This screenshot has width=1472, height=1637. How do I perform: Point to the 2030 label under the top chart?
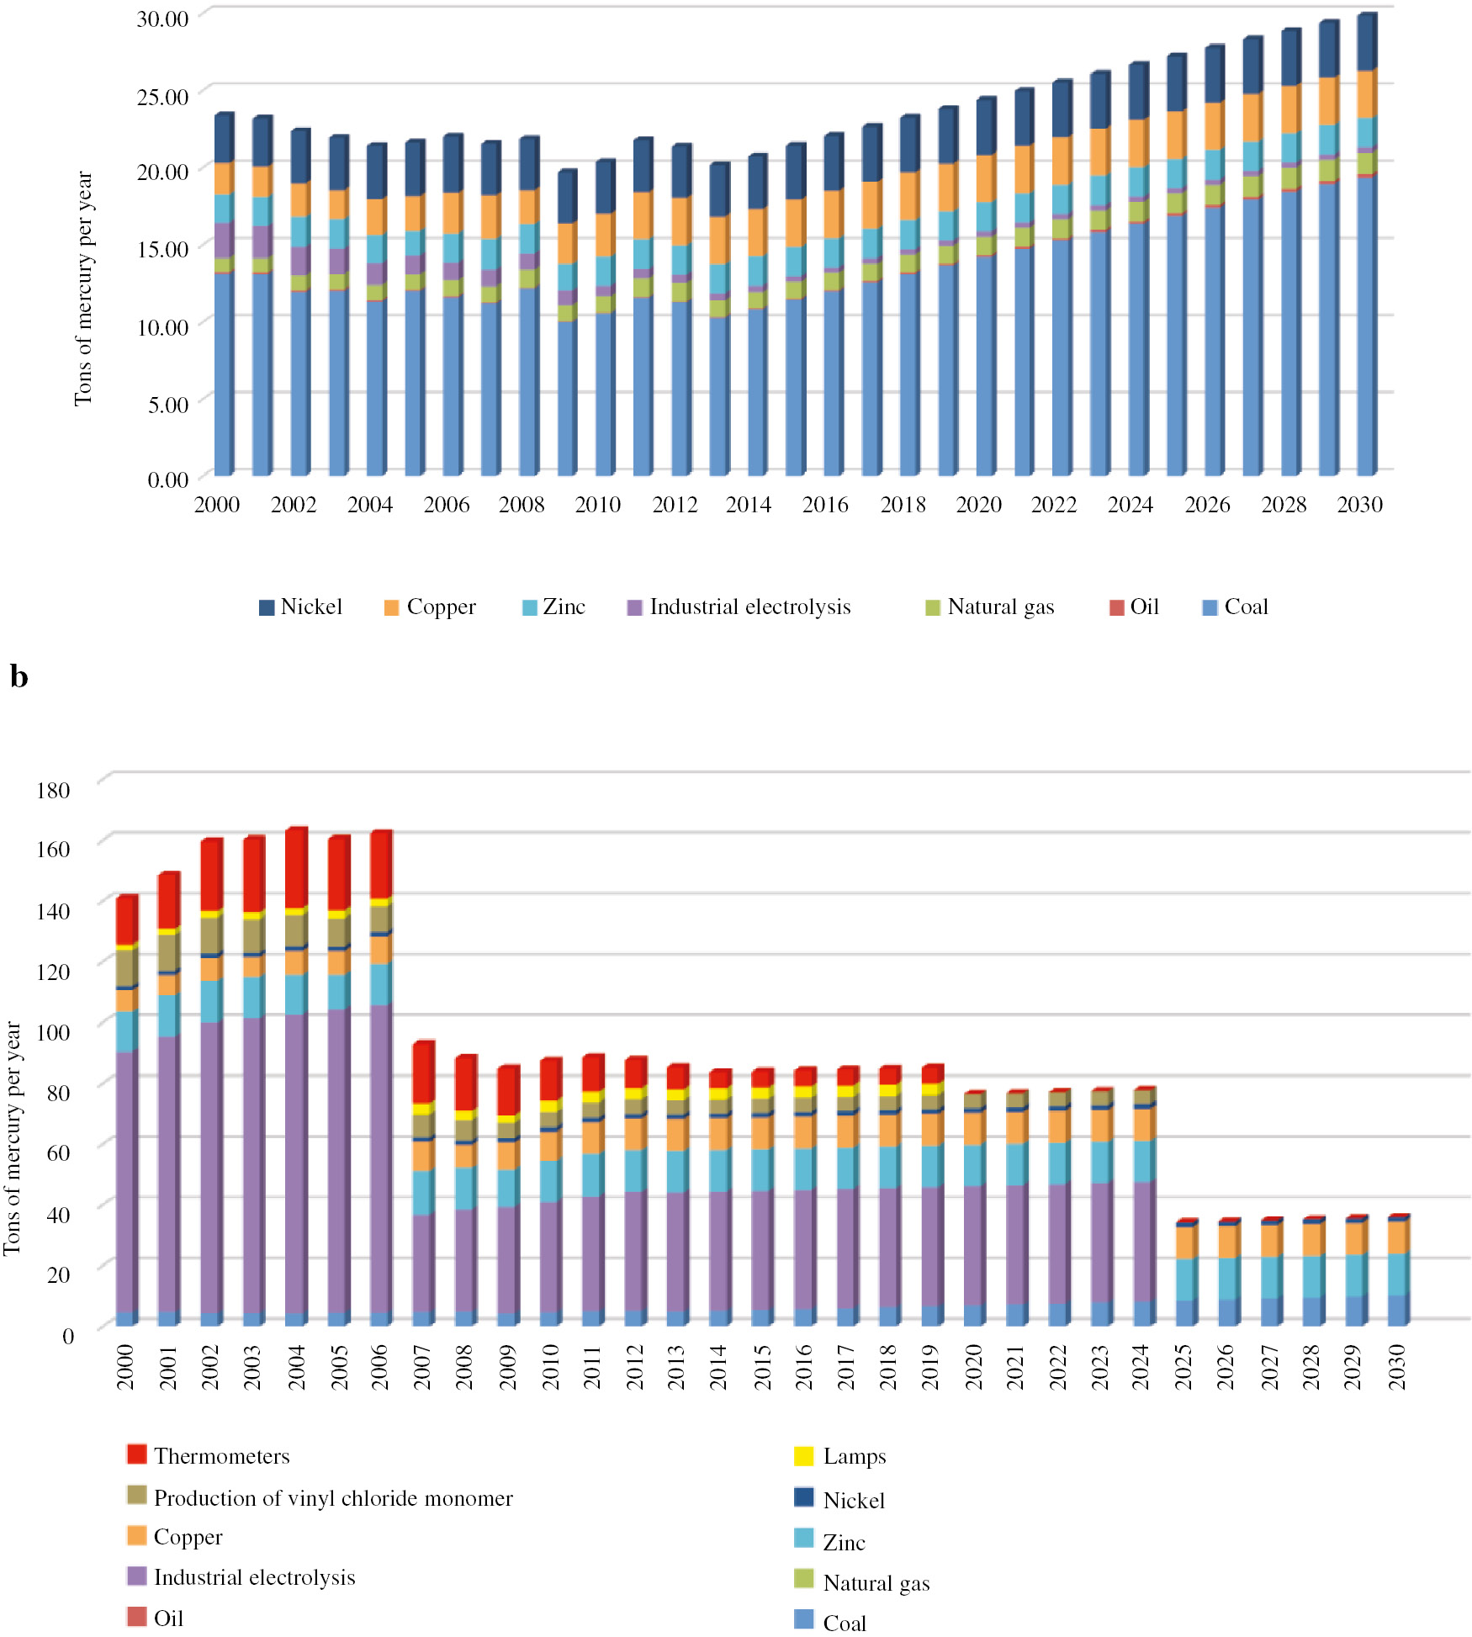(x=1359, y=505)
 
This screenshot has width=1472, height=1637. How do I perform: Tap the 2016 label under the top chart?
(x=825, y=505)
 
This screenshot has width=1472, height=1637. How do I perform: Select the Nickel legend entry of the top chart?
(x=300, y=607)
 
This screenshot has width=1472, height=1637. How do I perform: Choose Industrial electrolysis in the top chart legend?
(x=739, y=607)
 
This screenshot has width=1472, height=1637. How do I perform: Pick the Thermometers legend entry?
(x=209, y=1456)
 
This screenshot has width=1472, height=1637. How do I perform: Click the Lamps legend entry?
(x=840, y=1456)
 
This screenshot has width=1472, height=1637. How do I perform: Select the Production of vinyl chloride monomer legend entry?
(x=320, y=1498)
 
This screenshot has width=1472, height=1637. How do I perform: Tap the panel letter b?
(x=19, y=676)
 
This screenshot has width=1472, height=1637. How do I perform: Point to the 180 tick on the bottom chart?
(x=53, y=790)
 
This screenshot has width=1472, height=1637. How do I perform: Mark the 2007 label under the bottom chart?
(x=422, y=1366)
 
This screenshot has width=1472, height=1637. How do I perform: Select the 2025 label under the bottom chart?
(x=1183, y=1366)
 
